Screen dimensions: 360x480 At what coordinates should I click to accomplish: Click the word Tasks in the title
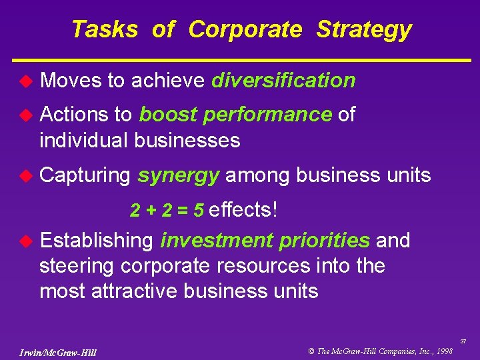click(x=104, y=29)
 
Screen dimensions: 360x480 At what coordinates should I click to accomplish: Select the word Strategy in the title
click(x=364, y=30)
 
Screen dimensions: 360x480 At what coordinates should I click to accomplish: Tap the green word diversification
click(x=283, y=81)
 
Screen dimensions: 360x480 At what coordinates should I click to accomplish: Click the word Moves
click(x=71, y=81)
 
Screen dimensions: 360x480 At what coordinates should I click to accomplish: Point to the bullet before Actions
click(x=25, y=115)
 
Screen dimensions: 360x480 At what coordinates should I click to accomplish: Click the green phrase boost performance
click(x=235, y=115)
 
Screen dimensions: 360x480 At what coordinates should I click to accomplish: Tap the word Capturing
click(x=85, y=175)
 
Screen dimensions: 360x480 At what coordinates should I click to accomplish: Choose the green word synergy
click(x=179, y=175)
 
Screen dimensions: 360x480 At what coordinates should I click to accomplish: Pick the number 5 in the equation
click(x=199, y=211)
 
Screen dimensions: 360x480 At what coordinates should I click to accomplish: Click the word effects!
click(x=243, y=210)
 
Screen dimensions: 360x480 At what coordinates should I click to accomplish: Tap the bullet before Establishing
click(x=25, y=240)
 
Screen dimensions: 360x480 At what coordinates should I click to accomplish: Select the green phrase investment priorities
click(x=265, y=240)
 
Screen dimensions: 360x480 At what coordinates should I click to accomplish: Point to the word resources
click(x=263, y=266)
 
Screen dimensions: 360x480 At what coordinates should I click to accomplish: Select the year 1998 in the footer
click(x=443, y=350)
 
